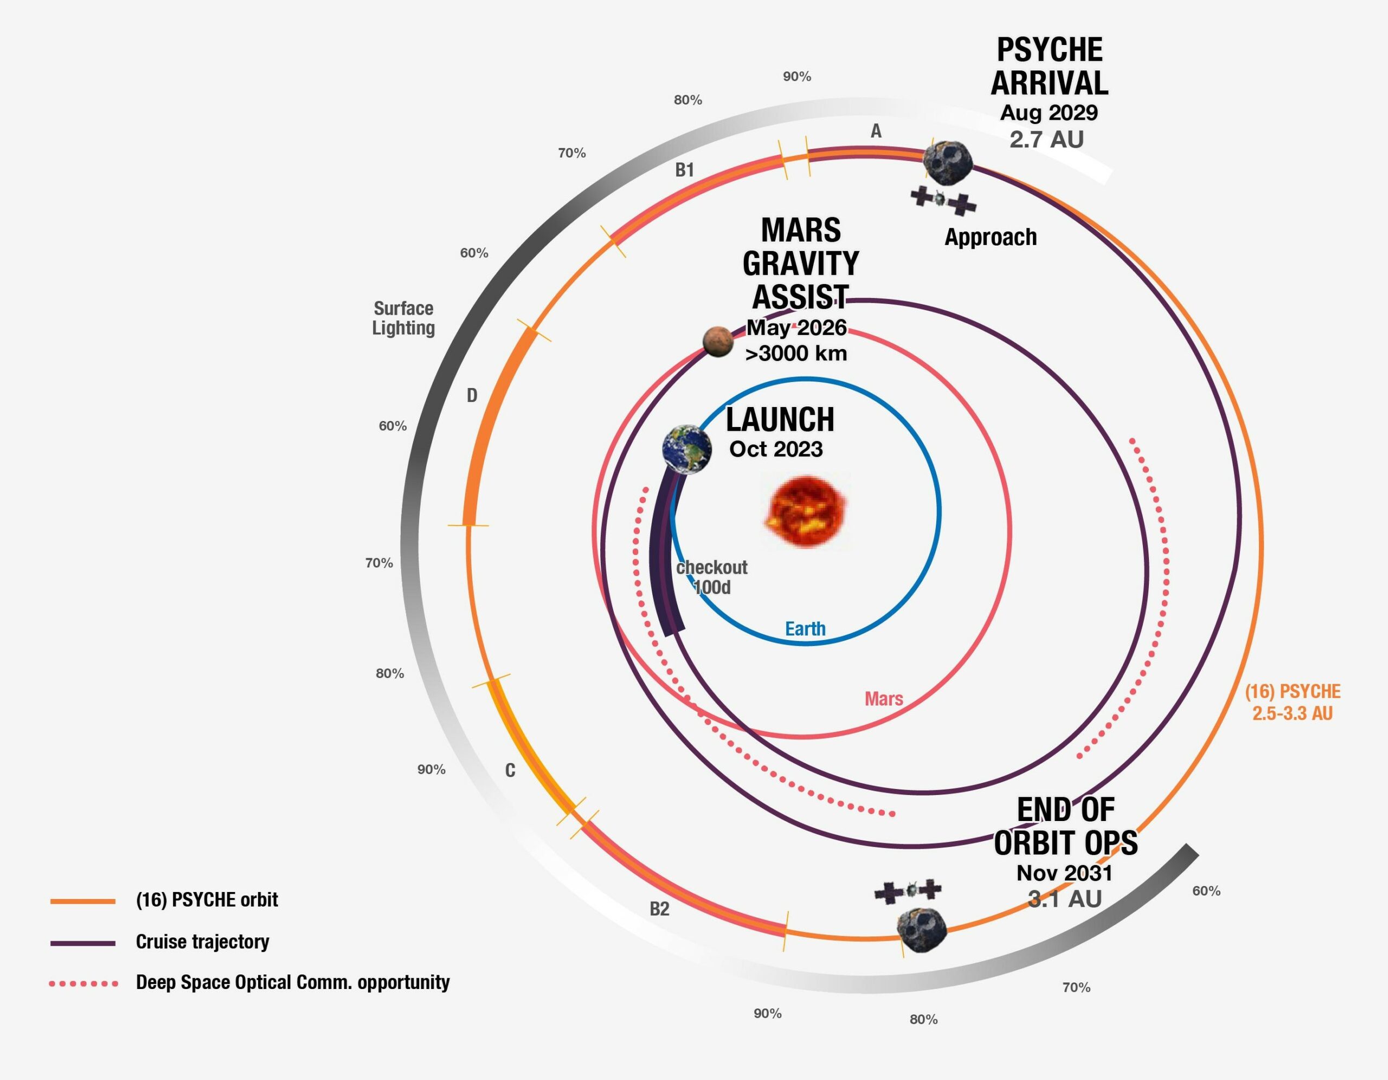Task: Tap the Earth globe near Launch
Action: [x=686, y=449]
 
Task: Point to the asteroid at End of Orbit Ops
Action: [x=922, y=929]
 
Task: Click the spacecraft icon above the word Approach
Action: [x=943, y=199]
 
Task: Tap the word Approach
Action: [x=990, y=237]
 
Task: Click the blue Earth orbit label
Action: [x=805, y=629]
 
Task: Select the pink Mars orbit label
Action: [x=883, y=699]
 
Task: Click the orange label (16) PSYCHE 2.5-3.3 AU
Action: [x=1292, y=702]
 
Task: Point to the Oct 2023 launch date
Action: [x=775, y=449]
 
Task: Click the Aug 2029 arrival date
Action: [x=1049, y=113]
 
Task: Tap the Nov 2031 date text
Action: [x=1064, y=873]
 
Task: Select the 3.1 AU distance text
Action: [x=1064, y=899]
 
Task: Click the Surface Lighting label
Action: [x=403, y=318]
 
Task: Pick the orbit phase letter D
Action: [x=472, y=396]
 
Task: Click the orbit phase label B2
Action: [x=659, y=909]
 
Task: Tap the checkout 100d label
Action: [x=712, y=577]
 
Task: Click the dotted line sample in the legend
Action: [x=84, y=984]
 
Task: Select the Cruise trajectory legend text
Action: [x=203, y=941]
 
